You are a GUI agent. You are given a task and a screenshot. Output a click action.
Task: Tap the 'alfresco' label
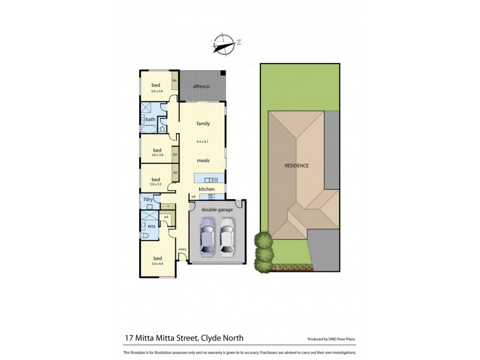pos(201,86)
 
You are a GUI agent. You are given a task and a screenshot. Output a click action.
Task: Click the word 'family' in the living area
pos(203,124)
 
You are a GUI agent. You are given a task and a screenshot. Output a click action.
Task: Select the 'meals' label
pos(203,161)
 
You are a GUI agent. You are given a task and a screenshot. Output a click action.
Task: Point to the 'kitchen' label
pos(206,189)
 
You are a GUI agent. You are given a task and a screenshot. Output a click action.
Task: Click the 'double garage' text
pos(217,209)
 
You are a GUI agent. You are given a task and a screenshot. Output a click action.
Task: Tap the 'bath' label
pos(150,119)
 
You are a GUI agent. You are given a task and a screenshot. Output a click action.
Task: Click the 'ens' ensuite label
pos(151,226)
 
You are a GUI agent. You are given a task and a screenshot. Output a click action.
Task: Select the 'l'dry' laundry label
pos(148,199)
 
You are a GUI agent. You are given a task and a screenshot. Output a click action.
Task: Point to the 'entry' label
pos(182,249)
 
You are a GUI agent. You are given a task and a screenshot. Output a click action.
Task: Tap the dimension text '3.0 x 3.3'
pos(156,184)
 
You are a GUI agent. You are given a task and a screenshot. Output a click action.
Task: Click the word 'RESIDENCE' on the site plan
pos(296,165)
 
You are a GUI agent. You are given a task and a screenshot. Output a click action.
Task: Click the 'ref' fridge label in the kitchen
pos(194,196)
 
